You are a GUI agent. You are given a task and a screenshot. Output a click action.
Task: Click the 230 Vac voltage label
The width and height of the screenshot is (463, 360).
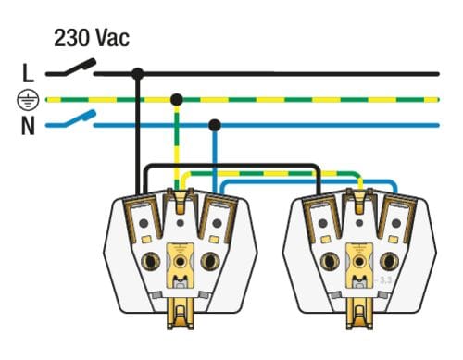[92, 38]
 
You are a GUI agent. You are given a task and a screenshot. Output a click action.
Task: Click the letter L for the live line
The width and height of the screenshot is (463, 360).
[28, 73]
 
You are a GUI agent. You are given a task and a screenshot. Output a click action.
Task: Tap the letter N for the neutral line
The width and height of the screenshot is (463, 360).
[28, 126]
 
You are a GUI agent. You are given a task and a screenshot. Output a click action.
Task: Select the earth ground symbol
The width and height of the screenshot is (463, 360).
[28, 100]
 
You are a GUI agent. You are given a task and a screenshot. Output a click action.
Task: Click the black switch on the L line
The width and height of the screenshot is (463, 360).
[71, 68]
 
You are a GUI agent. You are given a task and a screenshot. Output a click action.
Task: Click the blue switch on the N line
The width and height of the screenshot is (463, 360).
[71, 119]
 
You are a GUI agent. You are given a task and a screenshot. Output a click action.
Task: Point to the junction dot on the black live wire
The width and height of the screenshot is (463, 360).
[138, 74]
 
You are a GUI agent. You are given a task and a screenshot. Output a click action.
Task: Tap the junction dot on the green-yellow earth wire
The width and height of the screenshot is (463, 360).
[177, 100]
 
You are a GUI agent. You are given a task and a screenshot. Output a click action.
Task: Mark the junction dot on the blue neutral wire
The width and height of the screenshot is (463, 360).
[215, 125]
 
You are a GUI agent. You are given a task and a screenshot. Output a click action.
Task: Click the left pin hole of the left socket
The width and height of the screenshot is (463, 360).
[151, 262]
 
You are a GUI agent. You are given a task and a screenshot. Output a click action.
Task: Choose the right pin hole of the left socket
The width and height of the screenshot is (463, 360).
[210, 261]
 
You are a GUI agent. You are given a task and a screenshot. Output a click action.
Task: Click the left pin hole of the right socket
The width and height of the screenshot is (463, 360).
[330, 262]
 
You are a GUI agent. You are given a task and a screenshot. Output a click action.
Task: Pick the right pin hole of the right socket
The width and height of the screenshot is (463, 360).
[389, 261]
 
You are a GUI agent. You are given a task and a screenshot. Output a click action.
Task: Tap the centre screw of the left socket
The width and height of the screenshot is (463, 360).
[180, 262]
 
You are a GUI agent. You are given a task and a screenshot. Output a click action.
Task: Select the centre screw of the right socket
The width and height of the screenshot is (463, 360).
[359, 262]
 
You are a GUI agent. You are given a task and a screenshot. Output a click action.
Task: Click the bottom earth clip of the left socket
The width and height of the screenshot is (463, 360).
[181, 313]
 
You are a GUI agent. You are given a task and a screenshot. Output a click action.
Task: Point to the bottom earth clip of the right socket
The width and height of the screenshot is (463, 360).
[359, 313]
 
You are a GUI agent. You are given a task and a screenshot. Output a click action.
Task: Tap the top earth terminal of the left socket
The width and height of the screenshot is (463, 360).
[181, 201]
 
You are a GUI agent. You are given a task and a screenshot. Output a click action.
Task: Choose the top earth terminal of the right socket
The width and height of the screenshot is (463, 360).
[359, 201]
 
